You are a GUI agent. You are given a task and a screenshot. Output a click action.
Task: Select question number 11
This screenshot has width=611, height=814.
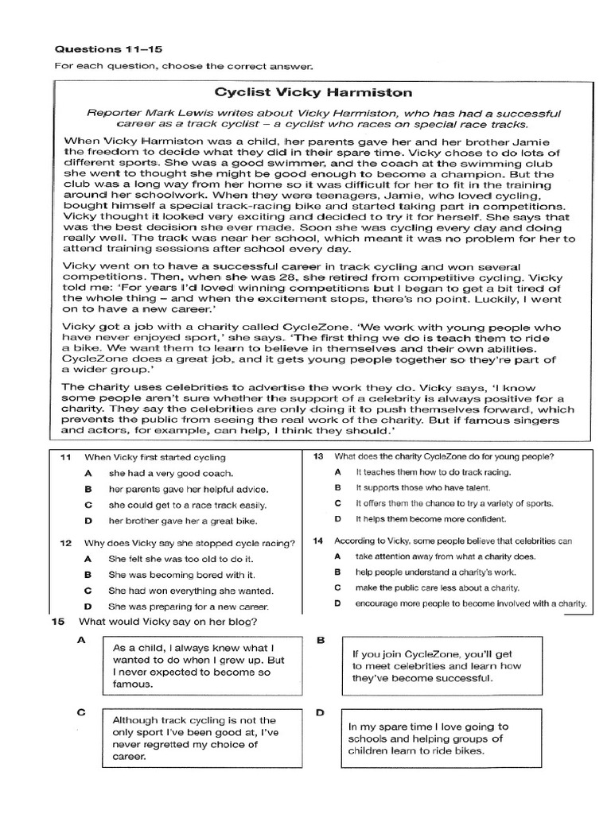click(x=66, y=457)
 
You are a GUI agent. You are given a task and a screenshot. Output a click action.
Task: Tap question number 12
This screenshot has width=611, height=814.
click(x=66, y=544)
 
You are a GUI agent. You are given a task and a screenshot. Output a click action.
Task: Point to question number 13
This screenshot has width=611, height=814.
click(x=318, y=456)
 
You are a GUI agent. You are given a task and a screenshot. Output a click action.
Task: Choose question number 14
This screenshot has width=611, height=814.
click(x=318, y=541)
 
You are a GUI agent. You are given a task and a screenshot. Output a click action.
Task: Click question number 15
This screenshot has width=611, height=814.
click(x=57, y=621)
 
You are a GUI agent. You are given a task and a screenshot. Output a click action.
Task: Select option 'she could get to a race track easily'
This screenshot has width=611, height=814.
click(x=188, y=505)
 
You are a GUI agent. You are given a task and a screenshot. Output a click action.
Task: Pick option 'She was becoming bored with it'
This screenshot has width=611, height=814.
click(x=181, y=574)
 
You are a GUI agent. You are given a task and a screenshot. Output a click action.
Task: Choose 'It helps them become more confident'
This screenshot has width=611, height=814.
click(x=430, y=519)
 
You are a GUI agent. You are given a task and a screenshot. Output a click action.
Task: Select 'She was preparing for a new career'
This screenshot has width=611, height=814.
click(x=188, y=607)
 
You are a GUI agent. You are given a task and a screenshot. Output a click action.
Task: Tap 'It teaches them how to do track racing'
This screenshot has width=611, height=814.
click(x=433, y=472)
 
